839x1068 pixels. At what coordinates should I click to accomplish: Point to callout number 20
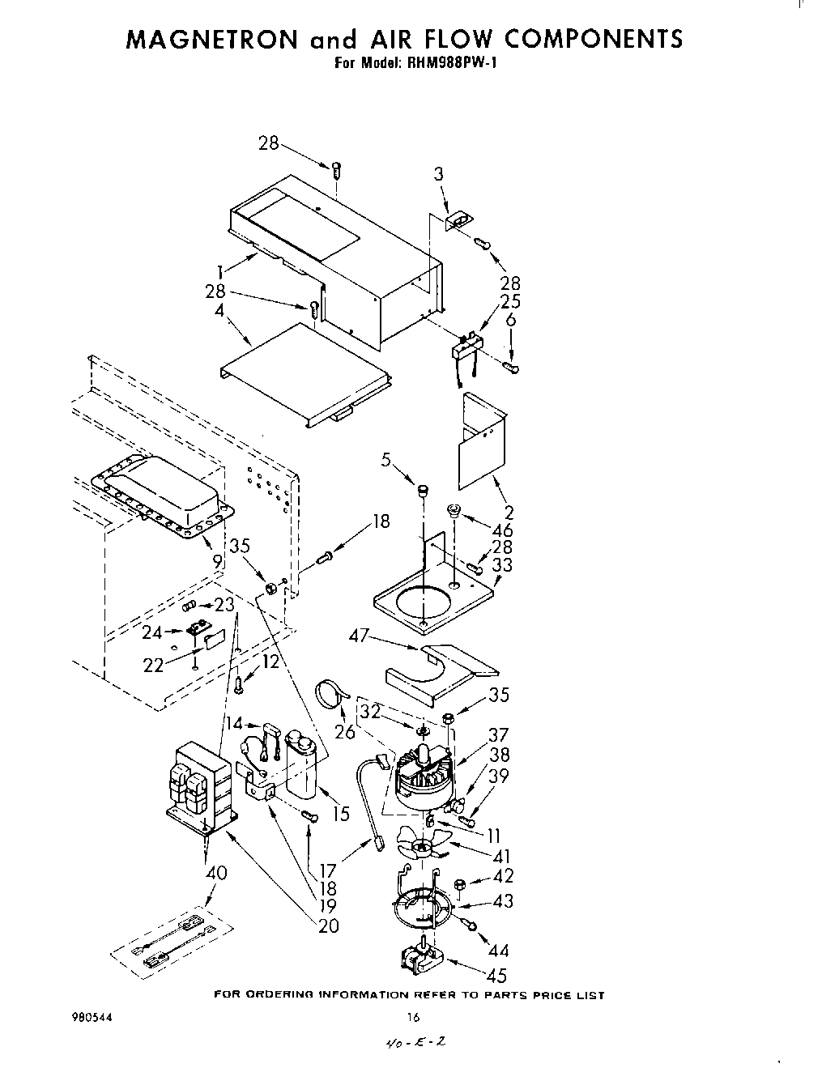[328, 926]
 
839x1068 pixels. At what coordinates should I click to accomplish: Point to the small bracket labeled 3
[458, 219]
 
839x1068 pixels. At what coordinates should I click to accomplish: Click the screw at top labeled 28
[336, 169]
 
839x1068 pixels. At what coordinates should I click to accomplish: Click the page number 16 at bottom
[413, 1018]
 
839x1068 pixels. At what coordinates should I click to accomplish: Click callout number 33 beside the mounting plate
[502, 565]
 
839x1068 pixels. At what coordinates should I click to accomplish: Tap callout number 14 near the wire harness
[234, 723]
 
